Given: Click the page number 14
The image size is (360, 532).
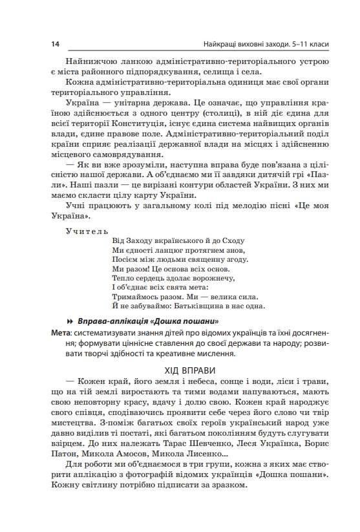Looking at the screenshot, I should (54, 44).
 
